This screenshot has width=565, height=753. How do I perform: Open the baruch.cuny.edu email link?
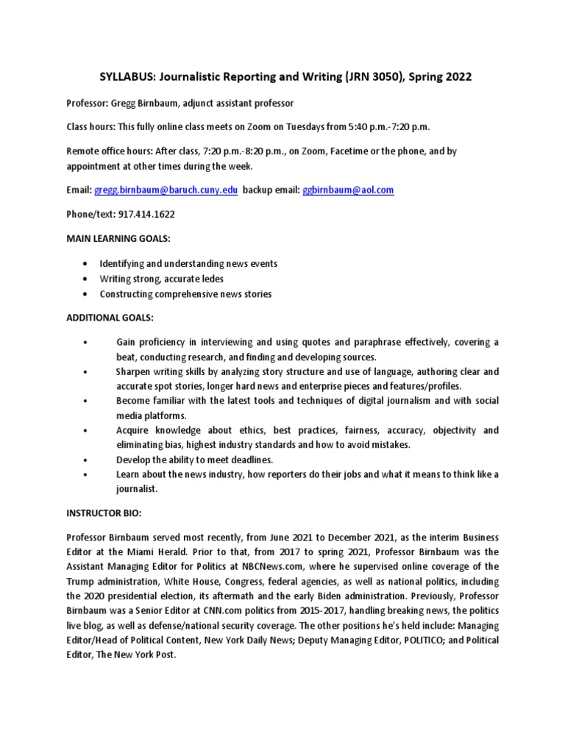(166, 190)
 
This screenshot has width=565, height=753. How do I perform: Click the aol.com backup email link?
(348, 190)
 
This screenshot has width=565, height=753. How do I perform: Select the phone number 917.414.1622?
(146, 214)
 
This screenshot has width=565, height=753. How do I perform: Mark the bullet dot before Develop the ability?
(86, 460)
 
